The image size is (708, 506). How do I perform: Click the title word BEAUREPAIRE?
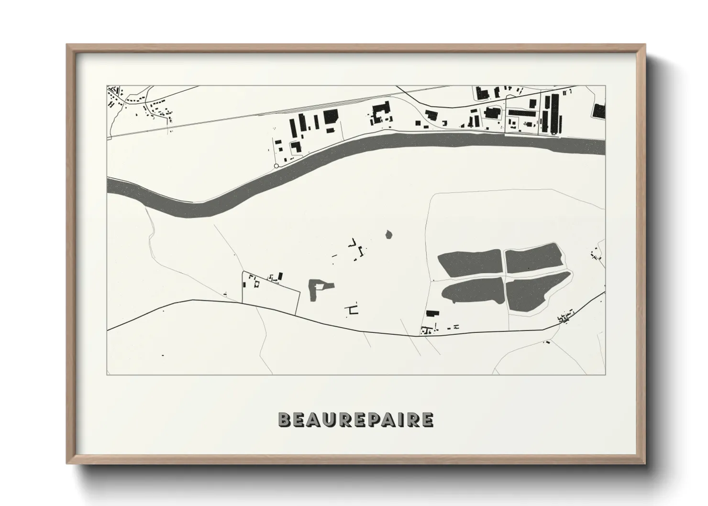(x=356, y=419)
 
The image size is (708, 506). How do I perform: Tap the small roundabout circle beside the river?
(x=276, y=166)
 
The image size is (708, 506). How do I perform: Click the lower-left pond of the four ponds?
(x=474, y=290)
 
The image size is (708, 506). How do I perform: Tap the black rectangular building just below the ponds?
(x=433, y=313)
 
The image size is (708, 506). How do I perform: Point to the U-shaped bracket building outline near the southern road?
(x=354, y=309)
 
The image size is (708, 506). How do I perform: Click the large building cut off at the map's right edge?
(x=599, y=111)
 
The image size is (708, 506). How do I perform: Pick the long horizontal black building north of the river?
(x=523, y=113)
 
